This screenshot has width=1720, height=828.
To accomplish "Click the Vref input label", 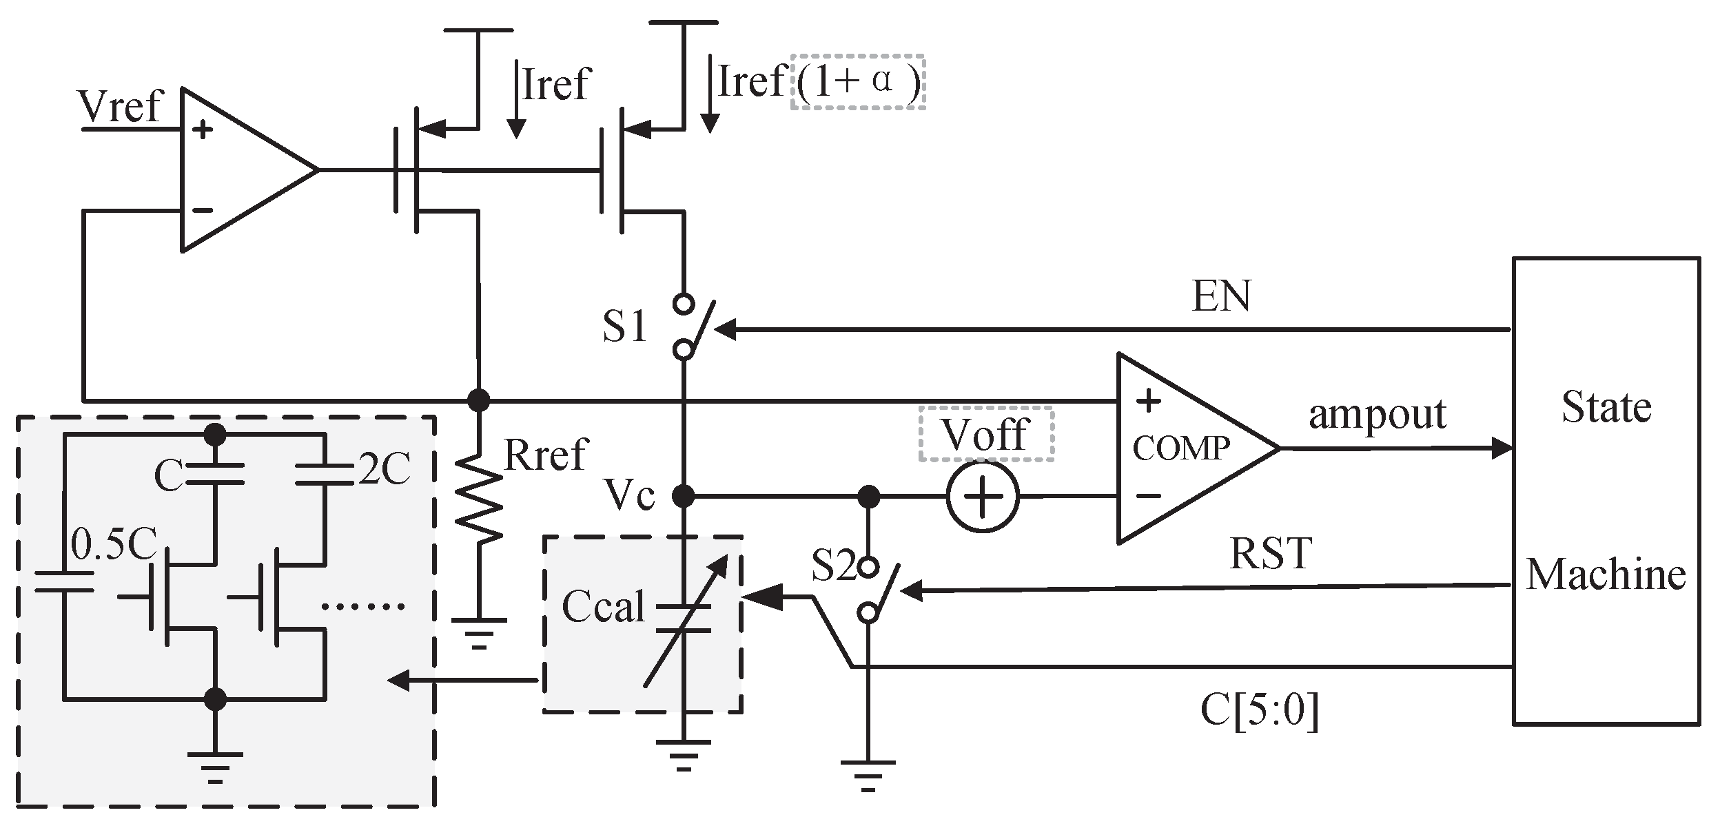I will [x=120, y=107].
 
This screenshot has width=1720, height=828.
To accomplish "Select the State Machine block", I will [x=1605, y=490].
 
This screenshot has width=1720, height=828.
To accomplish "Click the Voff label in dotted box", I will [x=985, y=435].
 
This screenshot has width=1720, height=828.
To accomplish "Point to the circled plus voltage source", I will [x=982, y=497].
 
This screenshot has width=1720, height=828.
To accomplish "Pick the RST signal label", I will [x=1270, y=554].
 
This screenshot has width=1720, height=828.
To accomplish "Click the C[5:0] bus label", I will [x=1259, y=710].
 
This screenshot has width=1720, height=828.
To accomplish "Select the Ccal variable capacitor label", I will [x=603, y=607].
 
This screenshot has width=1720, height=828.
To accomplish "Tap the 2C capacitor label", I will [x=385, y=470].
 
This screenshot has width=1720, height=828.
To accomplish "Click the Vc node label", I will [x=629, y=495].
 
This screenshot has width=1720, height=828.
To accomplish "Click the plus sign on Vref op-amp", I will [x=203, y=130].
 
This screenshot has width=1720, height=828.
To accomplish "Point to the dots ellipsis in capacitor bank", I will [x=363, y=607].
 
